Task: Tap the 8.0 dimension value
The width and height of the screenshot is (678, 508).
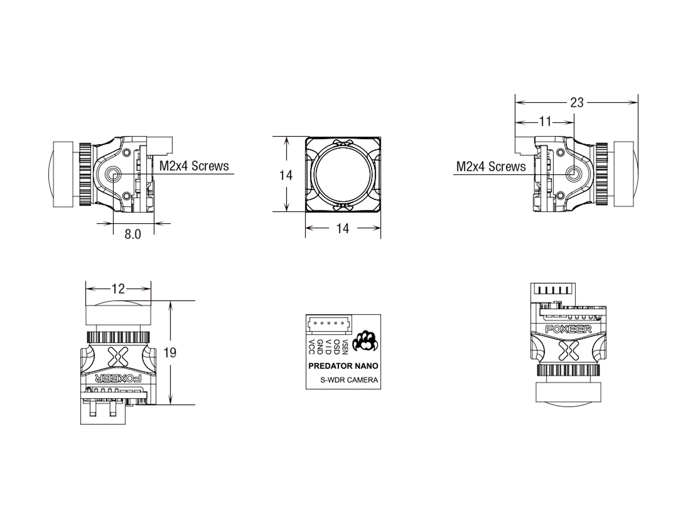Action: [133, 234]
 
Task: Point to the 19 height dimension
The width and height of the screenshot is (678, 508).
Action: [170, 353]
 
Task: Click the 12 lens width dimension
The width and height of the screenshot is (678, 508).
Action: [118, 289]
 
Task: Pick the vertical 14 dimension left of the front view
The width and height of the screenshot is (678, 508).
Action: [286, 175]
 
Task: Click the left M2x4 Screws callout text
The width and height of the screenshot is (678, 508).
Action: [194, 166]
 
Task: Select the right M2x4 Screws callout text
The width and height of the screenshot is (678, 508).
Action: [491, 167]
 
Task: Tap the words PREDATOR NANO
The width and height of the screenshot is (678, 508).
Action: [343, 366]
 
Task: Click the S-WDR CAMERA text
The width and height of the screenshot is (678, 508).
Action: [349, 380]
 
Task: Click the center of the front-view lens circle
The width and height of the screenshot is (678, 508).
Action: [343, 174]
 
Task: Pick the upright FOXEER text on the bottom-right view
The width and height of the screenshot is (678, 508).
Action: [568, 329]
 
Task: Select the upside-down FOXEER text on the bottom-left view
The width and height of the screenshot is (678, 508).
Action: [119, 378]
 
